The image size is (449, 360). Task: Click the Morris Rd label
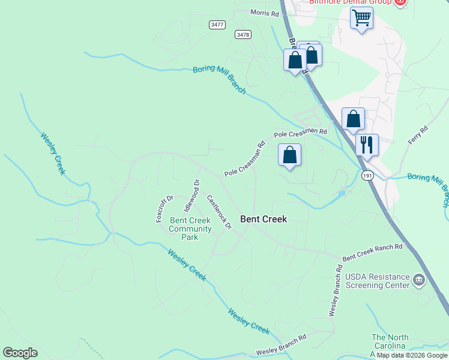click(265, 13)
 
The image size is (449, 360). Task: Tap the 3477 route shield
click(217, 25)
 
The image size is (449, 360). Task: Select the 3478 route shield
click(243, 35)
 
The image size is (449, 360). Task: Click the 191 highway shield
click(368, 176)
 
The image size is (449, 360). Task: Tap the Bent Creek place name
click(264, 219)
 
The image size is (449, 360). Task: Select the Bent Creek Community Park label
click(190, 229)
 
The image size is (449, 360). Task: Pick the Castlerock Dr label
click(219, 211)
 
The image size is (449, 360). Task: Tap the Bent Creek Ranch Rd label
click(372, 252)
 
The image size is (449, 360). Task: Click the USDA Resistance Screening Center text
click(373, 281)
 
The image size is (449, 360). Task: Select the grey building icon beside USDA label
click(419, 280)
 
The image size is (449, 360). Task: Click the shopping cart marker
click(361, 18)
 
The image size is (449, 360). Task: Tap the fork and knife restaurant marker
click(367, 145)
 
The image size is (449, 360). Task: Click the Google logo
click(20, 353)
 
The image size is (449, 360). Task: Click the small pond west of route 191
click(342, 193)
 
